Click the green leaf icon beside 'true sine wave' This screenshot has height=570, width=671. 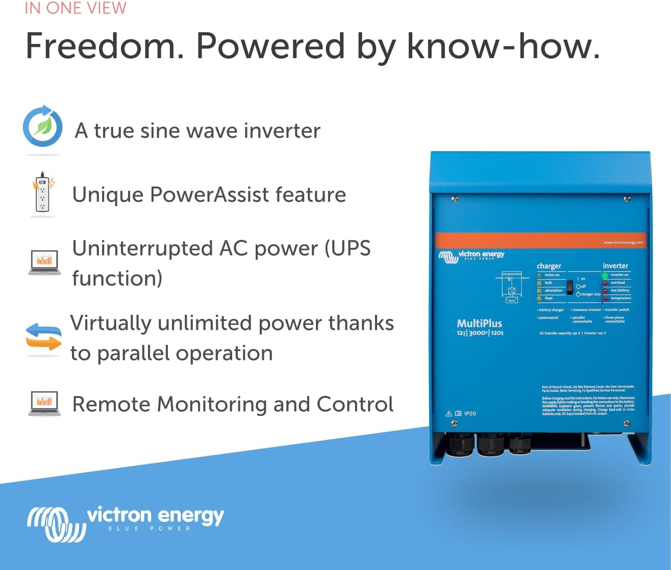pyautogui.click(x=43, y=127)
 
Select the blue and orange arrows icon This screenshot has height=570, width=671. pyautogui.click(x=43, y=337)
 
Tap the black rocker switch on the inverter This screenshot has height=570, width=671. pyautogui.click(x=570, y=287)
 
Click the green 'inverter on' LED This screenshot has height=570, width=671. pyautogui.click(x=605, y=276)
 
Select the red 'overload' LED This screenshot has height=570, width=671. pyautogui.click(x=605, y=283)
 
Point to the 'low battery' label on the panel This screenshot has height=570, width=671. pyautogui.click(x=620, y=290)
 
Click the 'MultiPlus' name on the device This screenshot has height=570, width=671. pyautogui.click(x=479, y=323)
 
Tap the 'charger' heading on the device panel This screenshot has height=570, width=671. pyautogui.click(x=549, y=266)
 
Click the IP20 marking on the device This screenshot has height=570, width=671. pyautogui.click(x=470, y=413)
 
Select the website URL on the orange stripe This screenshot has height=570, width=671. pyautogui.click(x=623, y=242)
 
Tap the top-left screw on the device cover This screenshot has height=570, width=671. pyautogui.click(x=454, y=199)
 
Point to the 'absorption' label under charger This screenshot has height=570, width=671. pyautogui.click(x=553, y=290)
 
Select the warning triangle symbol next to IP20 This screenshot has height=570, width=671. pyautogui.click(x=449, y=413)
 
